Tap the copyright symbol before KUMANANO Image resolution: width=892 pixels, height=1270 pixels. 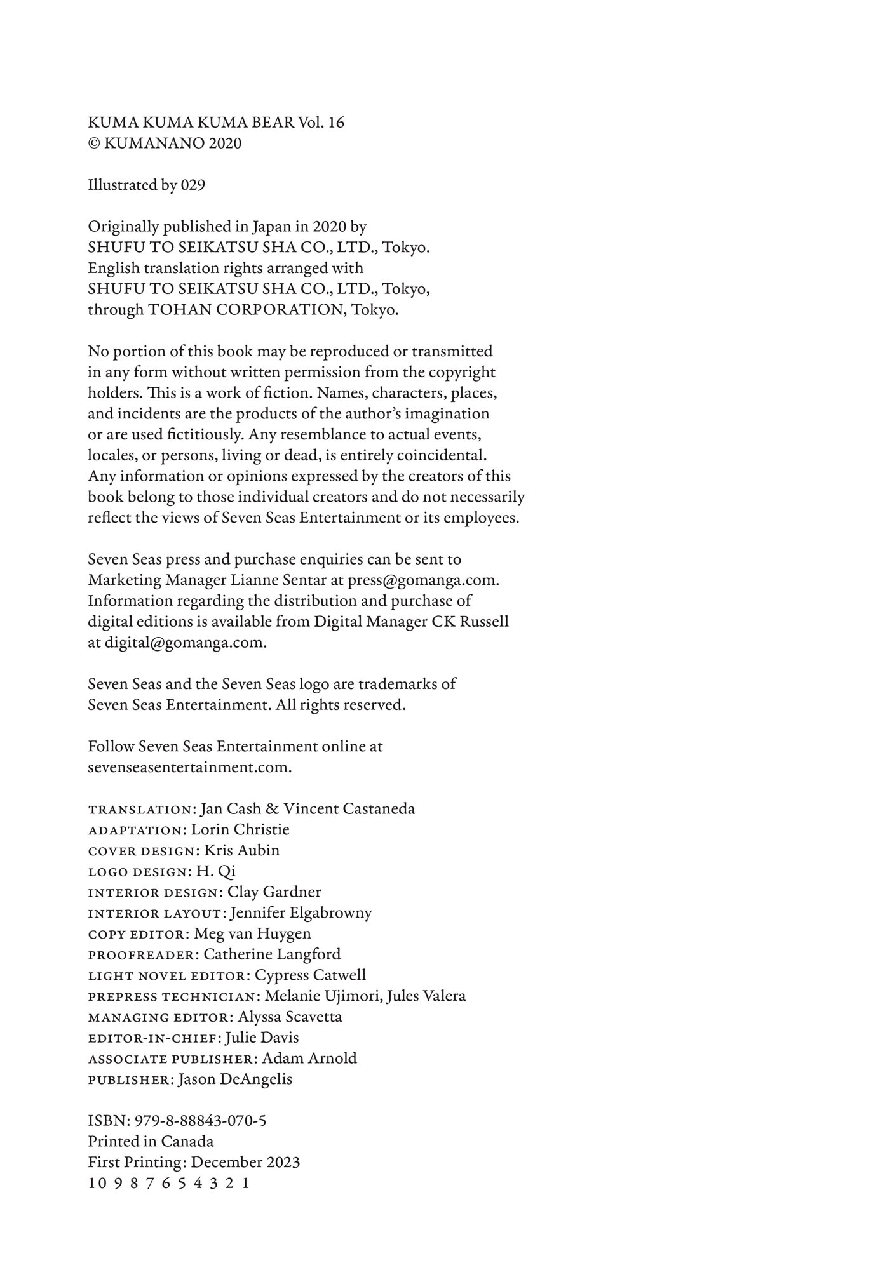coord(93,144)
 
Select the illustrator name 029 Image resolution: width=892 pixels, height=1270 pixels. coord(193,185)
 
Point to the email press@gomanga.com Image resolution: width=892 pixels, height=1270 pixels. coord(422,580)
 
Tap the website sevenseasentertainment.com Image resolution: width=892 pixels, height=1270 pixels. coord(189,768)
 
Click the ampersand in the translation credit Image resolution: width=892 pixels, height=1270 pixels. coord(272,809)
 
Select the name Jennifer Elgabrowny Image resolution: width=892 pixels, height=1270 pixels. coord(301,913)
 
